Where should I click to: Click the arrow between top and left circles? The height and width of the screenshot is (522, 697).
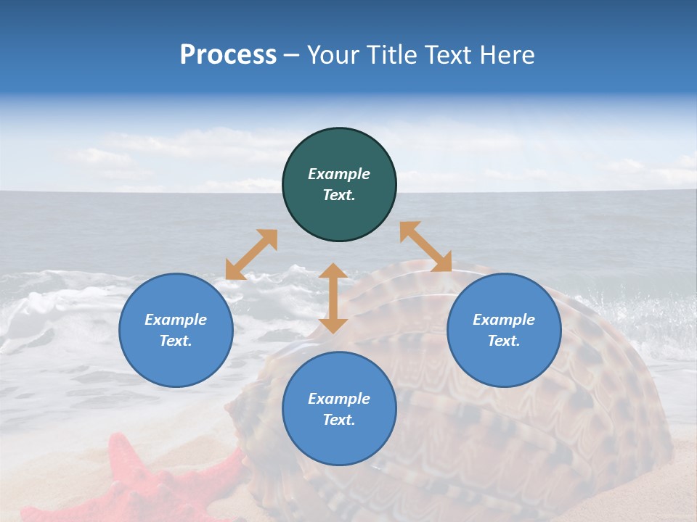point(251,254)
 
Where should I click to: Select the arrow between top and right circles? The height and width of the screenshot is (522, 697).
point(425,246)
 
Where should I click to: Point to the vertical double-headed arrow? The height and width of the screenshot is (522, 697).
point(333,298)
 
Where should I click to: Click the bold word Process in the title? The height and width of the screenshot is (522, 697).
point(228,54)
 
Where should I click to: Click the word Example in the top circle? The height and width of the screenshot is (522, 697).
point(339,174)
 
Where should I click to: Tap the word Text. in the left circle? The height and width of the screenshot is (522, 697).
point(176,341)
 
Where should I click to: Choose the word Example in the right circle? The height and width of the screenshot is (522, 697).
point(504,320)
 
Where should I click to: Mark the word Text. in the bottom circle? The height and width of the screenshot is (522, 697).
point(339,420)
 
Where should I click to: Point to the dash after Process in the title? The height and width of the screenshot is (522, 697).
point(292,56)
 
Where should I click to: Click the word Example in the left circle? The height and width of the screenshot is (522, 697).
point(176,320)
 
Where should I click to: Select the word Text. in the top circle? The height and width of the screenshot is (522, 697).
point(339,195)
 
